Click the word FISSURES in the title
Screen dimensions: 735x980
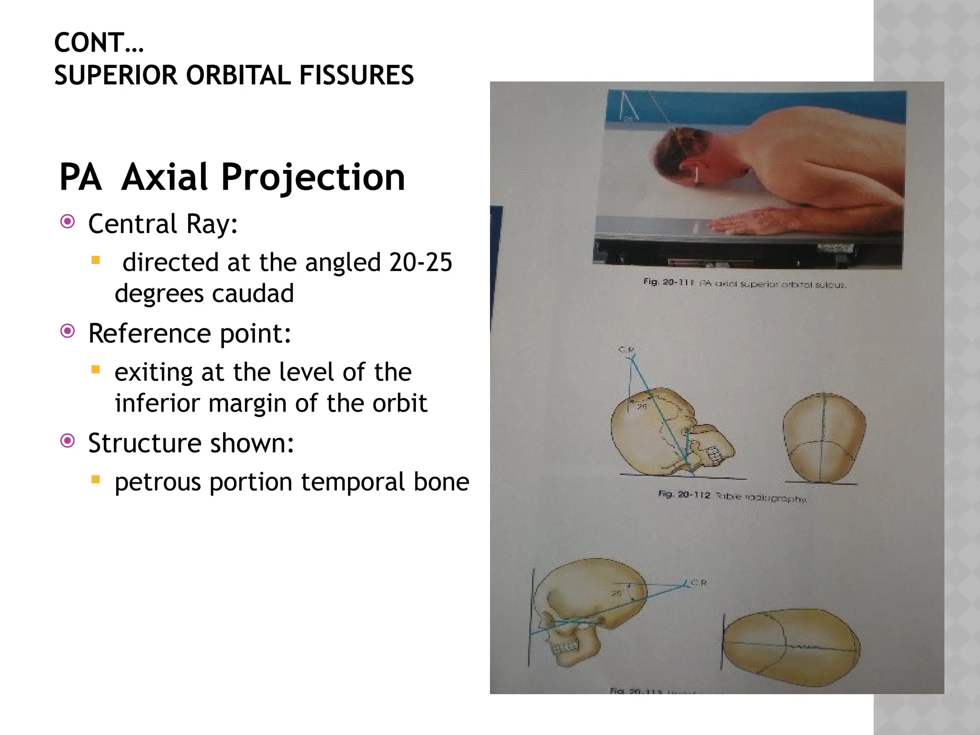click(356, 76)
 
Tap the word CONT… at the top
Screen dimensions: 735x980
click(99, 43)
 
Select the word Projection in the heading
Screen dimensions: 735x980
click(313, 178)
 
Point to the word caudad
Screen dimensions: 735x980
click(252, 294)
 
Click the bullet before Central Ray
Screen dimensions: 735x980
click(68, 222)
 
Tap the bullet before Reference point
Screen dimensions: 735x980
click(68, 331)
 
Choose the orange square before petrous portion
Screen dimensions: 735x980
click(96, 479)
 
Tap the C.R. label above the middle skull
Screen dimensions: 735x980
click(626, 350)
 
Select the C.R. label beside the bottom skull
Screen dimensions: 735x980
click(699, 583)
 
